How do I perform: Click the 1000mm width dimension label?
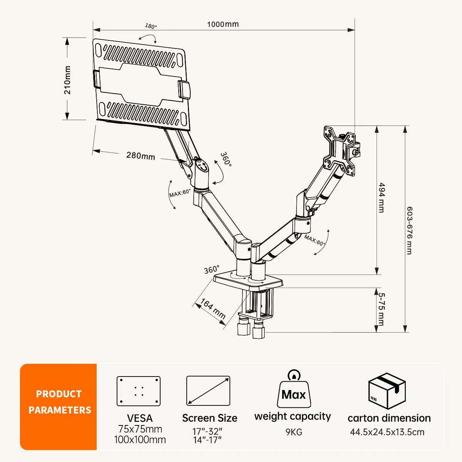tap(223, 24)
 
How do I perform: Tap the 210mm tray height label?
tap(68, 80)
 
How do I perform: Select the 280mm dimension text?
tap(141, 156)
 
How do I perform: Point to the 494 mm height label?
tap(382, 198)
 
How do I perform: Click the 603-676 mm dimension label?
tap(410, 230)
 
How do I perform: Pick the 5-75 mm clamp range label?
tap(382, 309)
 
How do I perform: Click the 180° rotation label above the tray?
tap(151, 26)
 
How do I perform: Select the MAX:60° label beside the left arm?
tap(180, 193)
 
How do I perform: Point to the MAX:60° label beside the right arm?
tap(315, 240)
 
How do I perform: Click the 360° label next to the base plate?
tap(212, 269)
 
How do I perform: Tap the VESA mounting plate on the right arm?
tap(339, 151)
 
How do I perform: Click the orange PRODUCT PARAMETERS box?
tap(58, 407)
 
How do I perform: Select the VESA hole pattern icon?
tap(139, 391)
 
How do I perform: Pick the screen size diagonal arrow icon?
tap(208, 391)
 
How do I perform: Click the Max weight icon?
tap(294, 389)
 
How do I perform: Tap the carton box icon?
tap(387, 391)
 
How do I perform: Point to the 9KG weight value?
tap(294, 432)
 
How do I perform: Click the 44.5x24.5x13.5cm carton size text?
tap(387, 432)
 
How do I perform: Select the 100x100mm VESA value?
tap(140, 440)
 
